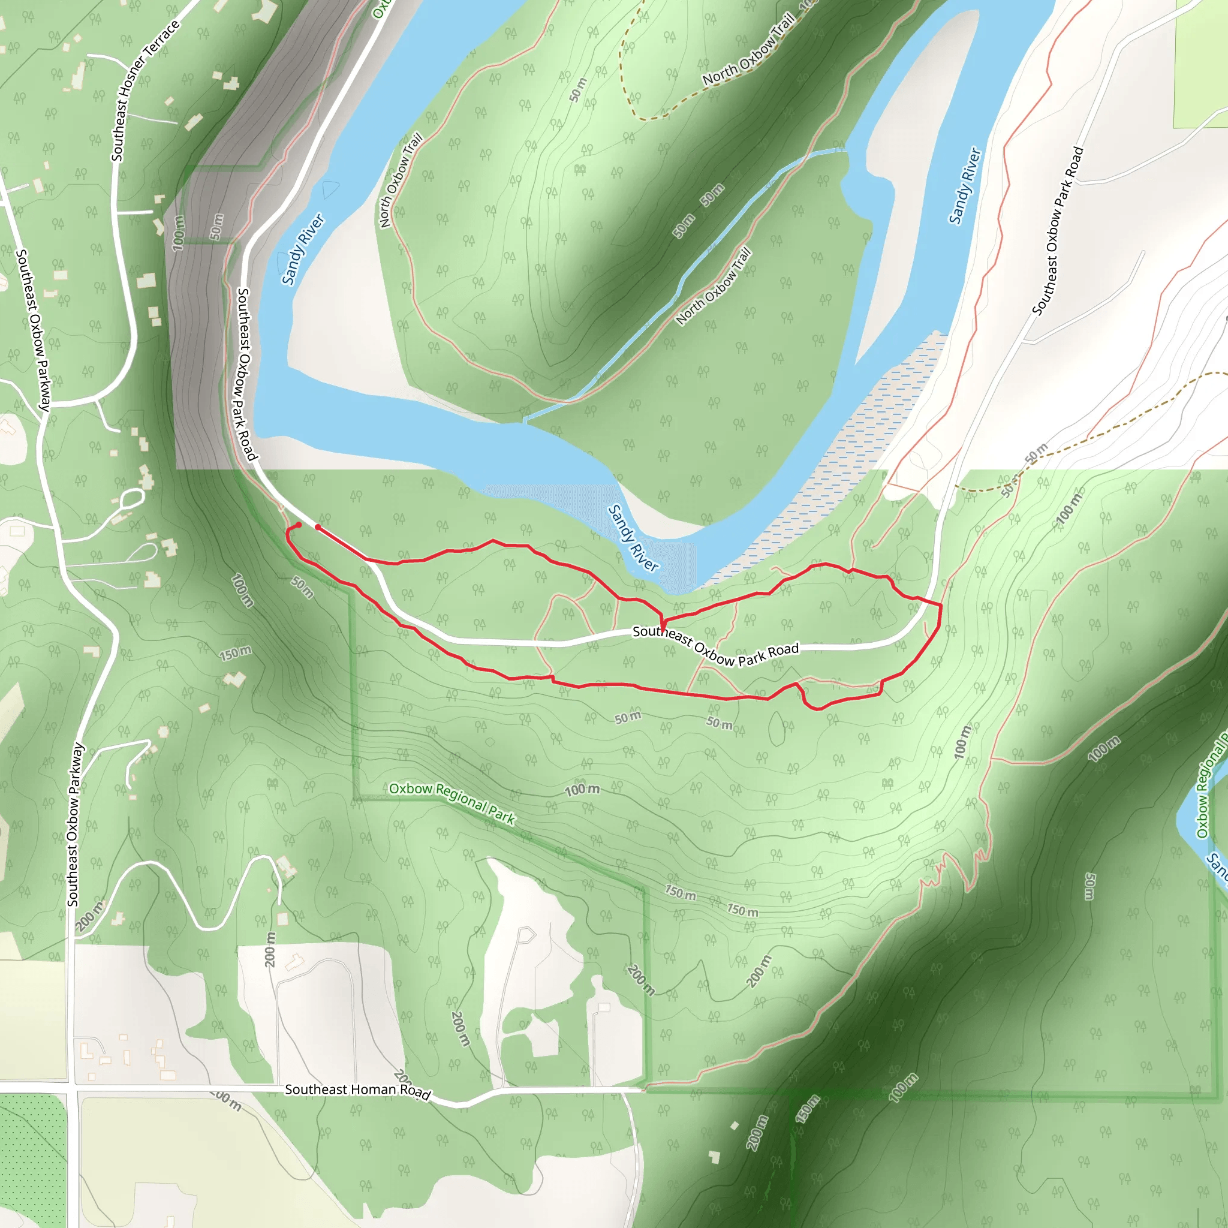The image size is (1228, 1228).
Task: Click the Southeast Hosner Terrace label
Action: (145, 91)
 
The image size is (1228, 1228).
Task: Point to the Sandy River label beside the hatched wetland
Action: (633, 538)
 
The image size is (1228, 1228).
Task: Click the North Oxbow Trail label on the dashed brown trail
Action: (749, 50)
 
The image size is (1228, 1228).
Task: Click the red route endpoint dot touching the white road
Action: (318, 527)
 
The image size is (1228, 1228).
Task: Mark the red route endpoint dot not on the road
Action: (299, 525)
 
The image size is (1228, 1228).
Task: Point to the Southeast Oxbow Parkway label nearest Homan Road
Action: (74, 825)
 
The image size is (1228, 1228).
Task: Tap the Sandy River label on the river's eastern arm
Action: (965, 186)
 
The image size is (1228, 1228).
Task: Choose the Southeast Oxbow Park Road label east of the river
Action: (1058, 231)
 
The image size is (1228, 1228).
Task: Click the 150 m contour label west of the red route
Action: (235, 653)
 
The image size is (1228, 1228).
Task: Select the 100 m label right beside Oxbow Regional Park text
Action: (582, 790)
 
